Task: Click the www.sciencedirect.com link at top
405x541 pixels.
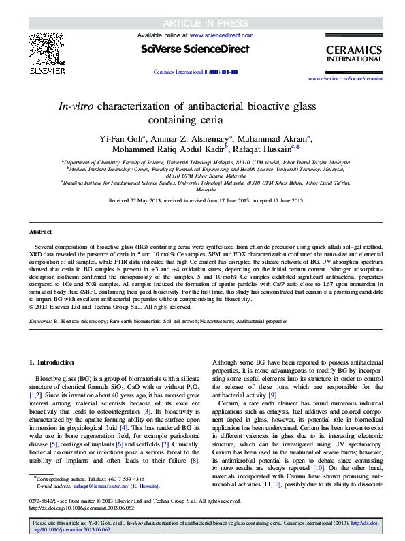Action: click(221, 35)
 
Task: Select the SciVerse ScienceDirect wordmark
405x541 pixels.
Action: click(195, 49)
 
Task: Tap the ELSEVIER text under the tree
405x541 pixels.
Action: click(46, 70)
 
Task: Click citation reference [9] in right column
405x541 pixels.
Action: click(272, 396)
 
